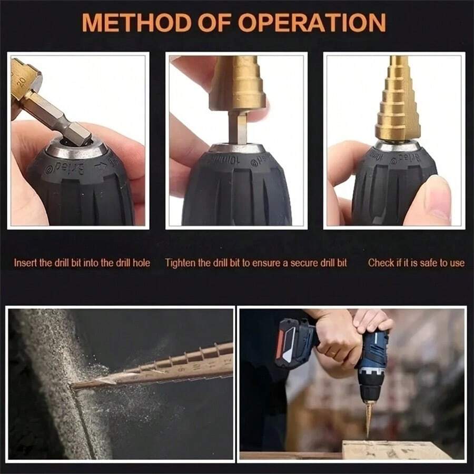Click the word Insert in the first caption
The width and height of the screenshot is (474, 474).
pyautogui.click(x=26, y=262)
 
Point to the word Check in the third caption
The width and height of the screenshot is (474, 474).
pyautogui.click(x=380, y=262)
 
